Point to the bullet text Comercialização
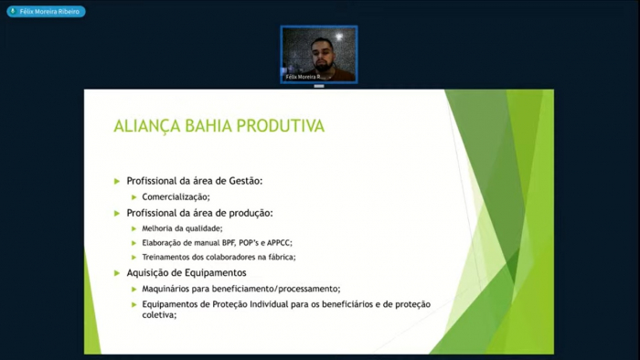(x=176, y=196)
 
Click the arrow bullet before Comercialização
(x=133, y=196)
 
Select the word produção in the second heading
(x=248, y=213)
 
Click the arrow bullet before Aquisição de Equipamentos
(x=117, y=272)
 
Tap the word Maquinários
(x=170, y=289)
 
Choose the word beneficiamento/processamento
(x=280, y=289)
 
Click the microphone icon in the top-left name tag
(x=12, y=12)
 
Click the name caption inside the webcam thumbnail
(x=303, y=77)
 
